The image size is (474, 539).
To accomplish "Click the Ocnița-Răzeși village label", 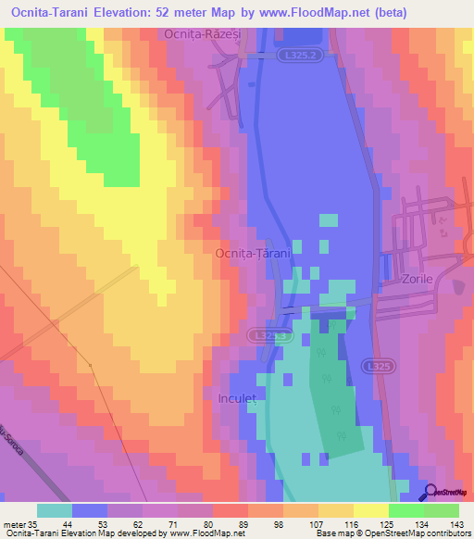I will [202, 33].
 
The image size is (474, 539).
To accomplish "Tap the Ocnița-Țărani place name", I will [253, 253].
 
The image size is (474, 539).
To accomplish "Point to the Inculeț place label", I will [236, 399].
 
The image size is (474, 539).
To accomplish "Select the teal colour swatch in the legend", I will [55, 510].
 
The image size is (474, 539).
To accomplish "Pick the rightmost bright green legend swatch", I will [442, 510].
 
